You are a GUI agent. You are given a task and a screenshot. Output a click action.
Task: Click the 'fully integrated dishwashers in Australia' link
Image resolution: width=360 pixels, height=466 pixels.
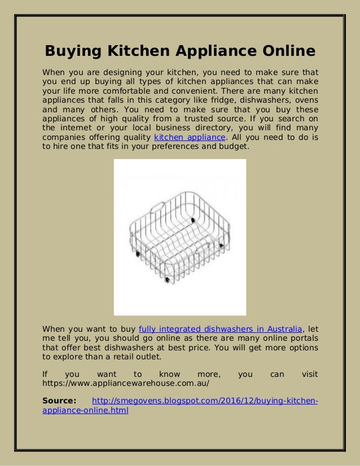point(221,329)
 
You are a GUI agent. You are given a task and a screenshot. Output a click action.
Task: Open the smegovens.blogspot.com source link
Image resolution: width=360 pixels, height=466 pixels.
point(204,401)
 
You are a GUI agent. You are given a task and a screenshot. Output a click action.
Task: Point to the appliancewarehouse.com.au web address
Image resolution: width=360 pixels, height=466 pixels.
point(126,383)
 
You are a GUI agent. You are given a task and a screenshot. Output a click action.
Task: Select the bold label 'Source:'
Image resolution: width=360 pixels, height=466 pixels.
point(60,401)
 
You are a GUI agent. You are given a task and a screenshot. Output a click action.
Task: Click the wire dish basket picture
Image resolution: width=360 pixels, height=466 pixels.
point(179,237)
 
